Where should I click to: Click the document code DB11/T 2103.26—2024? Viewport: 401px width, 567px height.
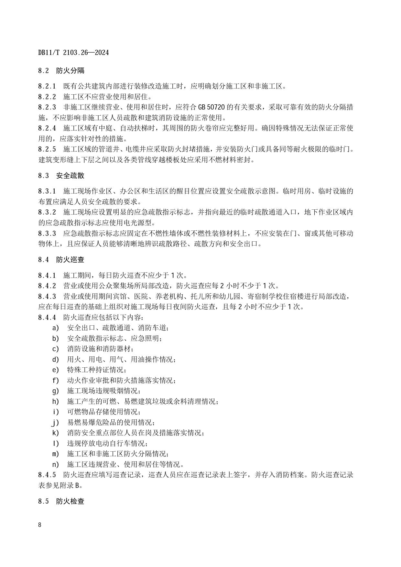pos(73,52)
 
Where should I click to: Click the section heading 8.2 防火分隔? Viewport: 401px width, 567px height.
pos(61,70)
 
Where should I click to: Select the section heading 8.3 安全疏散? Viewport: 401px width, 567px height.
pos(61,175)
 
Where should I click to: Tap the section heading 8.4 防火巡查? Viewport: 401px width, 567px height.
pos(61,259)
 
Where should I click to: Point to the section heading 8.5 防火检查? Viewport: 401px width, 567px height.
pos(61,501)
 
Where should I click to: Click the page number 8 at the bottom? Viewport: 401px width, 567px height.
pos(40,525)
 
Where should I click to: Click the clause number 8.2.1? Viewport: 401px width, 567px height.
pos(47,86)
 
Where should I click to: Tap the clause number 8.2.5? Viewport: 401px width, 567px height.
pos(47,149)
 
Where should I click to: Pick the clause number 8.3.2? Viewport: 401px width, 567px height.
pos(47,212)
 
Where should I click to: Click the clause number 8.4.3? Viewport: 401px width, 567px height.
pos(47,296)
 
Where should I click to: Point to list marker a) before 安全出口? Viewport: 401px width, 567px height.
pos(56,328)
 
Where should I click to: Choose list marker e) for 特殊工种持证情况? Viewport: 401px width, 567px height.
pos(56,370)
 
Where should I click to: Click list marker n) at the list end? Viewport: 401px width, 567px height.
pos(56,465)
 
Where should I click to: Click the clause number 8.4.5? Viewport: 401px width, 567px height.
pos(47,475)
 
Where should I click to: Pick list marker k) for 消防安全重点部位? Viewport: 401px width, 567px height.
pos(56,433)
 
